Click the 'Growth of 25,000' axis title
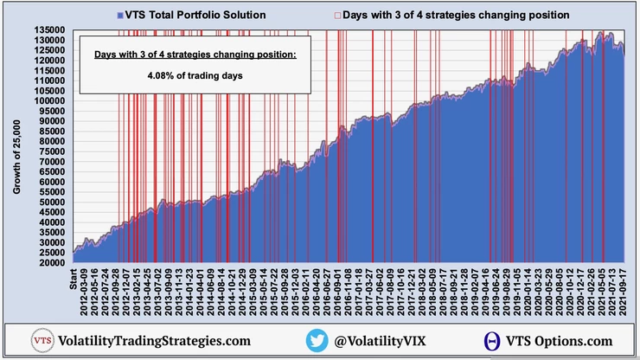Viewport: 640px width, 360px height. (16, 146)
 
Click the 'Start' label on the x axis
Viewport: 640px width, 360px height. (75, 281)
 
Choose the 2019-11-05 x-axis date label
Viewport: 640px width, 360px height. (516, 292)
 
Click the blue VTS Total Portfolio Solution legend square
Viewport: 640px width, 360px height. (118, 16)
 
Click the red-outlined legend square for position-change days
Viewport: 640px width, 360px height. (337, 16)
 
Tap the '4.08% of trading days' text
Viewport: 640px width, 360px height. (195, 74)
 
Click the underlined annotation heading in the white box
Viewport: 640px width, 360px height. (195, 55)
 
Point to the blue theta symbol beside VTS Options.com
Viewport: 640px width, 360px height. (491, 341)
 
